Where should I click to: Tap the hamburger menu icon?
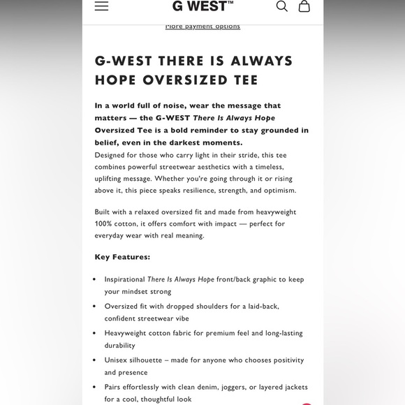(101, 6)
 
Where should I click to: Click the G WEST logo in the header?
(202, 6)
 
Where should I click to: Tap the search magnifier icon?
(281, 6)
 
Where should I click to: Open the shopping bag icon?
(304, 6)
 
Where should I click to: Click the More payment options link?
(202, 27)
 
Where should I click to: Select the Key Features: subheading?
(122, 257)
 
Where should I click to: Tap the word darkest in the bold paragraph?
(215, 142)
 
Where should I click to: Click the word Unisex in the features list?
(117, 360)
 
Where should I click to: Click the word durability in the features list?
(119, 345)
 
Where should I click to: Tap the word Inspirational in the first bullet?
(125, 279)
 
